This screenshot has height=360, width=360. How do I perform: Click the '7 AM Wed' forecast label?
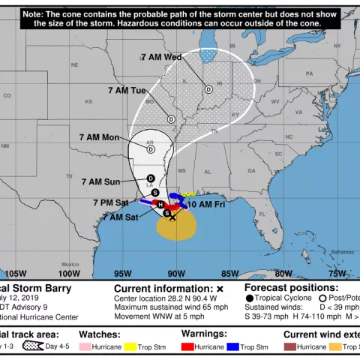(161, 57)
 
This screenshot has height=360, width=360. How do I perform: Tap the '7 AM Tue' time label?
(127, 90)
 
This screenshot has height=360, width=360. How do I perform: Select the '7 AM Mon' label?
(99, 136)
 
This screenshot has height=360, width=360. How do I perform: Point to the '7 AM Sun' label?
(100, 181)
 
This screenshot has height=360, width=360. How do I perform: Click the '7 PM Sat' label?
(110, 202)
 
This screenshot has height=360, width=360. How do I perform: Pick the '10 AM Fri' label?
(206, 204)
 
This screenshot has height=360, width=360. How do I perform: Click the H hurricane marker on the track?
(160, 205)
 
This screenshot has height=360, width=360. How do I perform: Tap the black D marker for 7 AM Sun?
(151, 177)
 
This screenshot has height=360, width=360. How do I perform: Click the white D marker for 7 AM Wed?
(208, 88)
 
